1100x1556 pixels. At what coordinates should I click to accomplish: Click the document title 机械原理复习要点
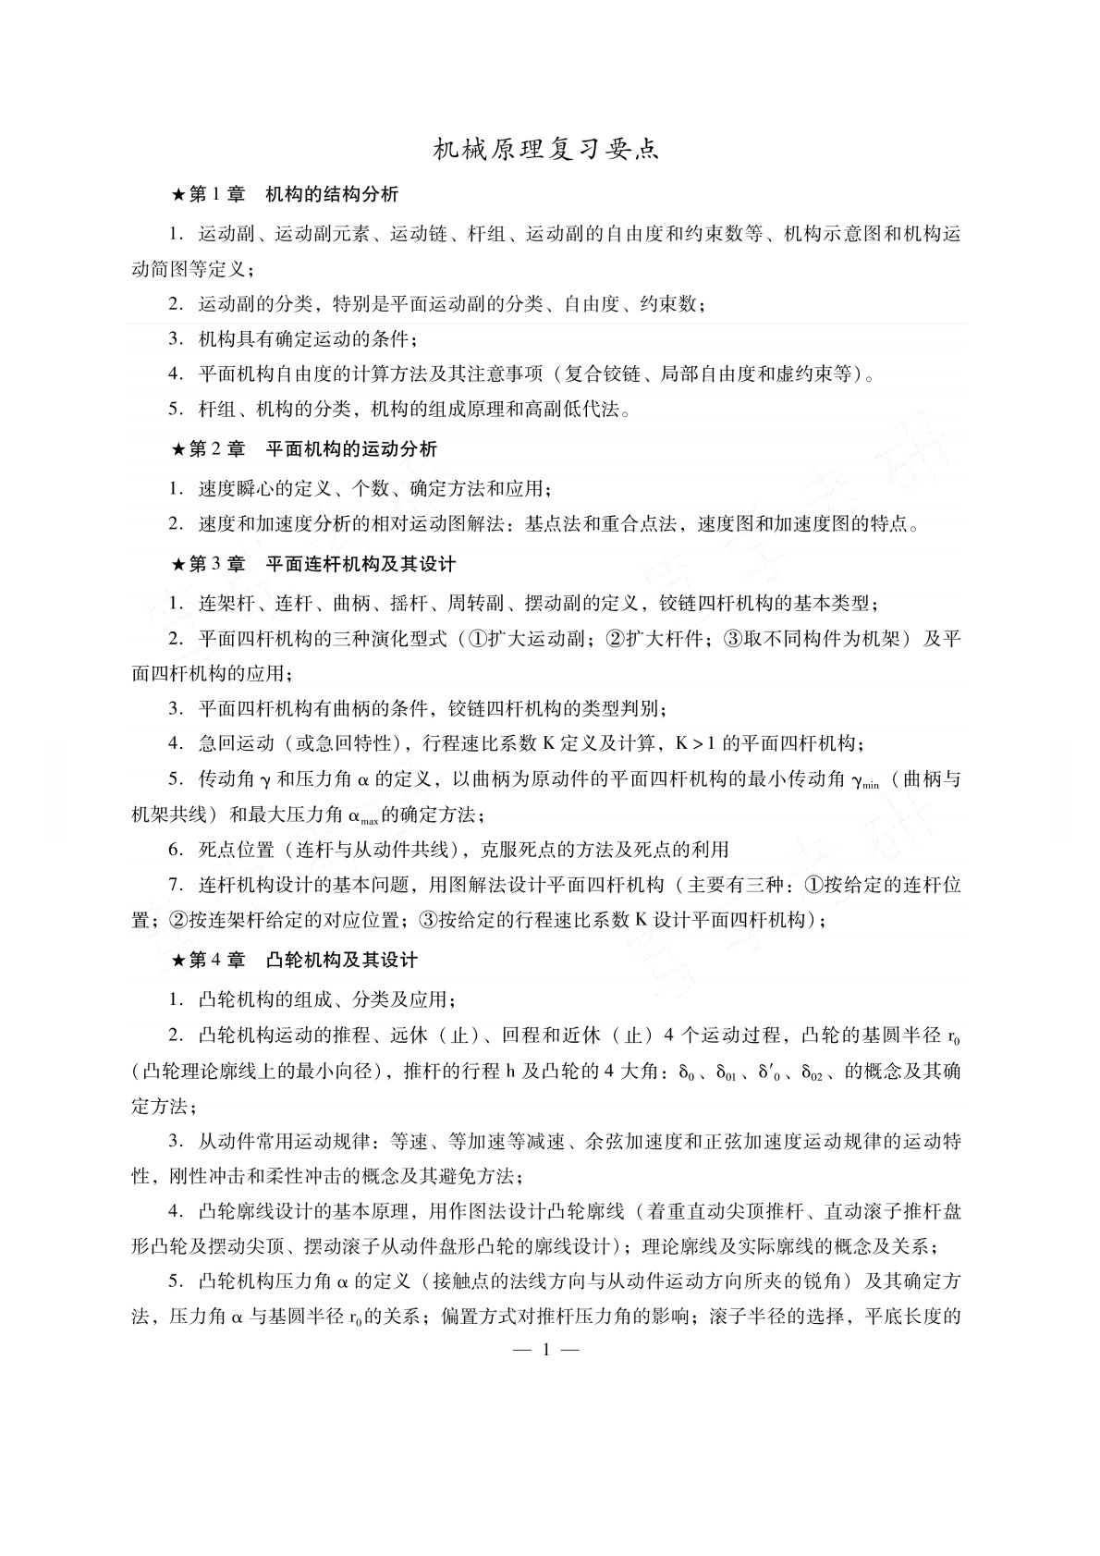(547, 150)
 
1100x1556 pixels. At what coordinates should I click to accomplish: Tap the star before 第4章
(178, 960)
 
